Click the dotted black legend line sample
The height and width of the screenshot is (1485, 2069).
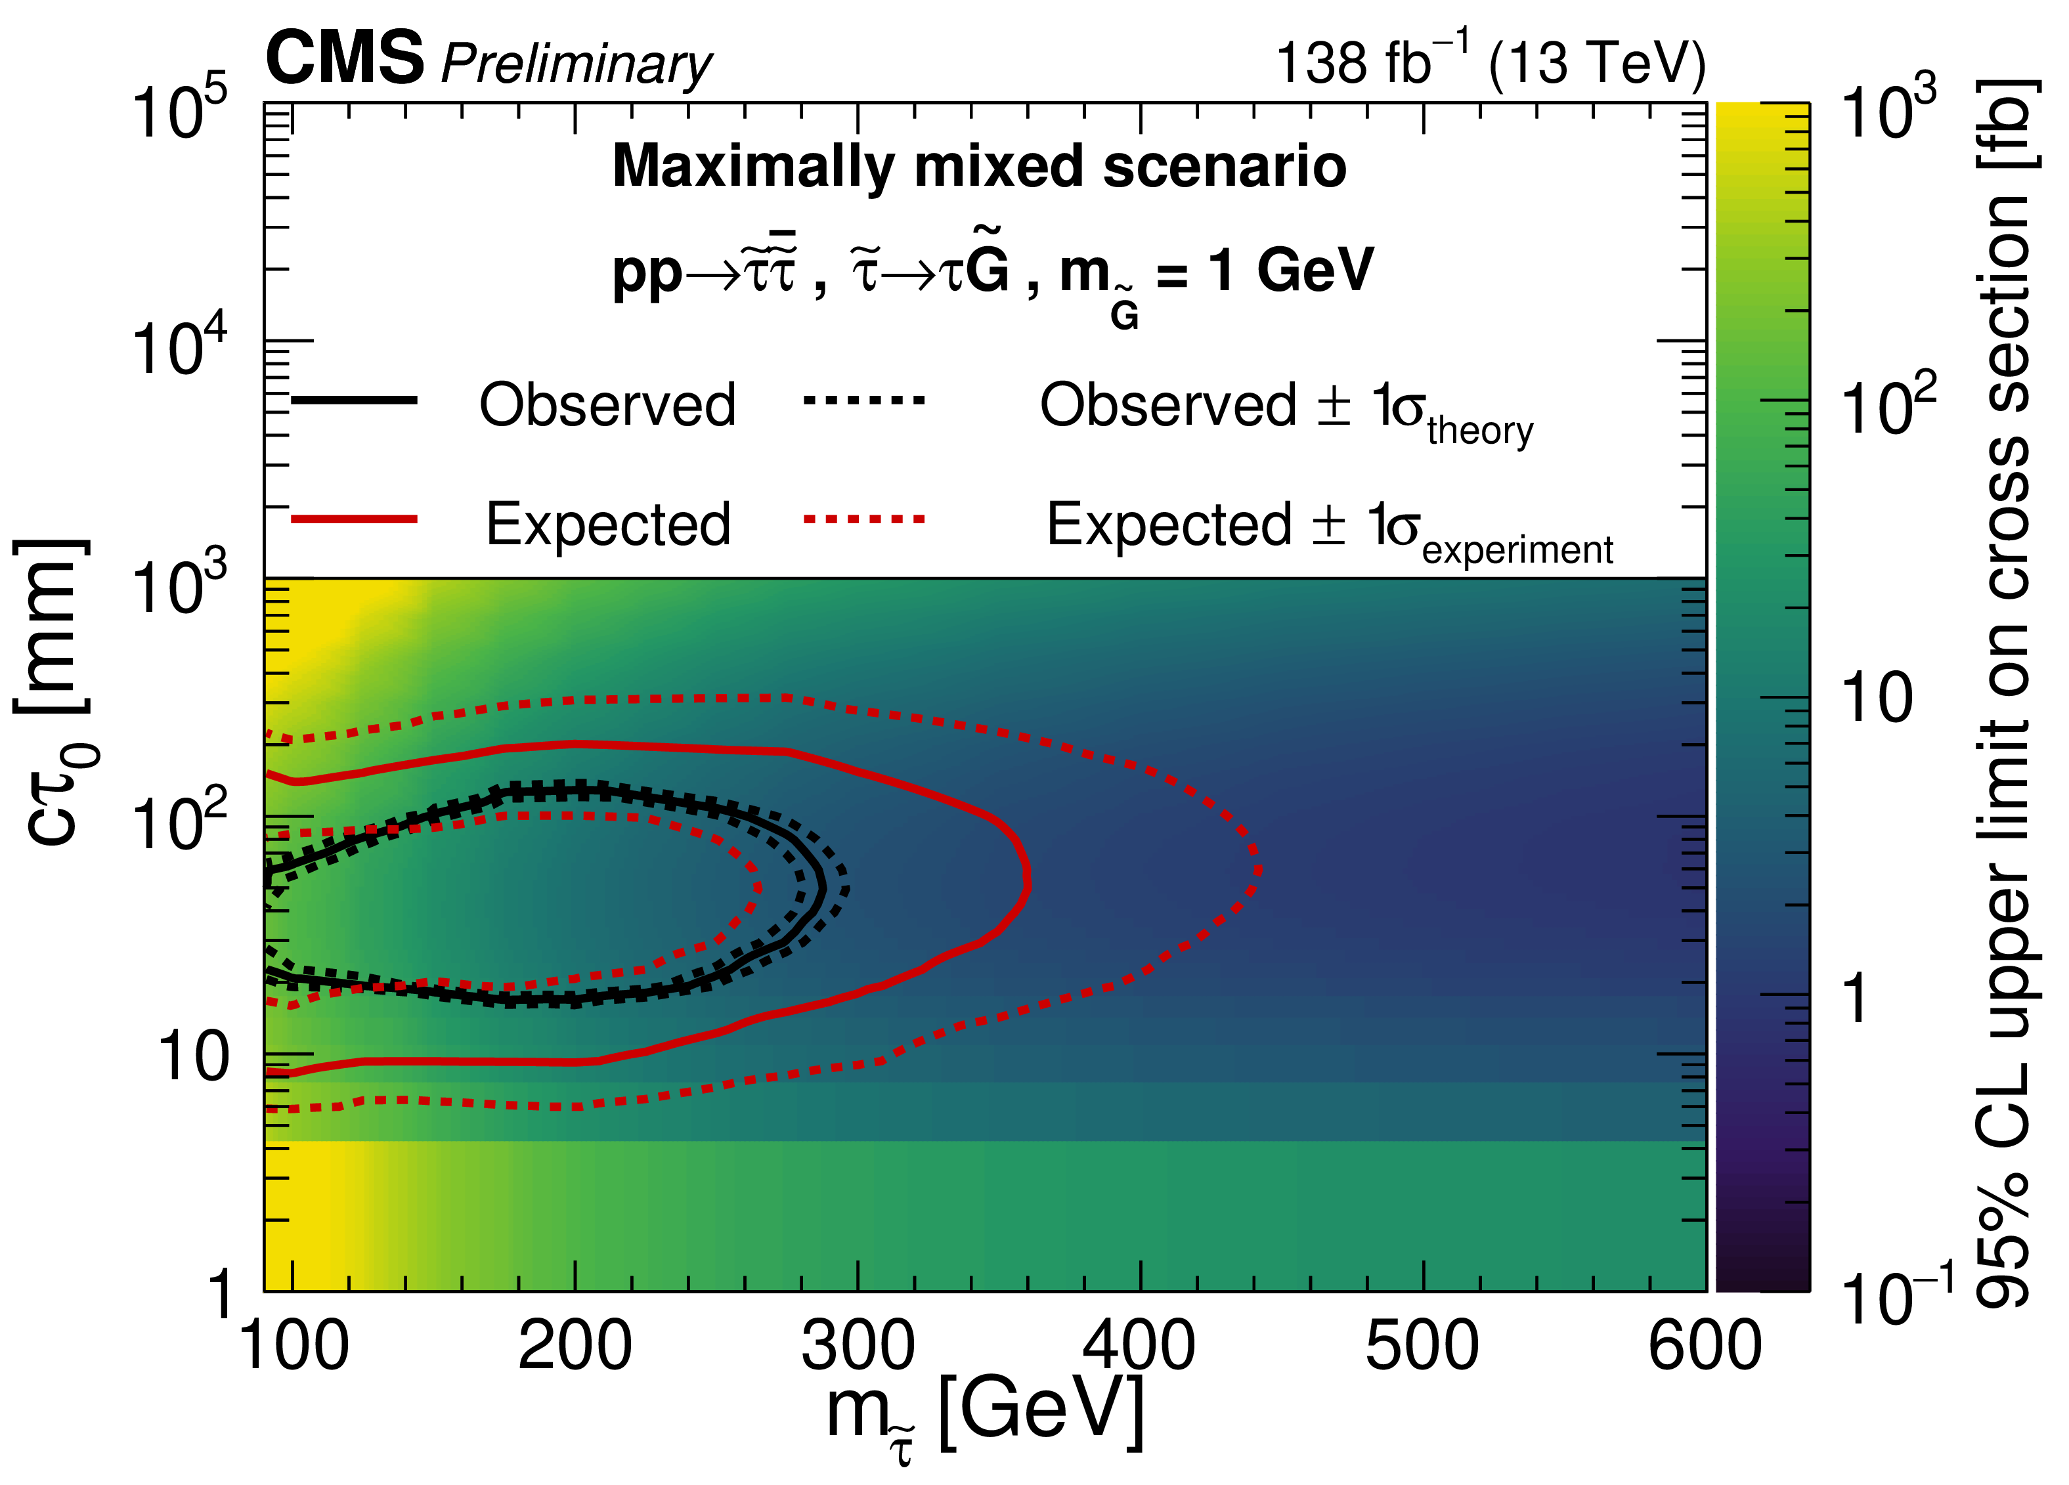tap(864, 400)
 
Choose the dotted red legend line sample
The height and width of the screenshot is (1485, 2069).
tap(864, 519)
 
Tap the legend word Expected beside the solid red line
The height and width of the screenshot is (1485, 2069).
tap(607, 525)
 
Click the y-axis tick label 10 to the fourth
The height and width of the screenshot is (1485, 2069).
tap(179, 347)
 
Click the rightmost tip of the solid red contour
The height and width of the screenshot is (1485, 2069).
tap(1028, 880)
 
